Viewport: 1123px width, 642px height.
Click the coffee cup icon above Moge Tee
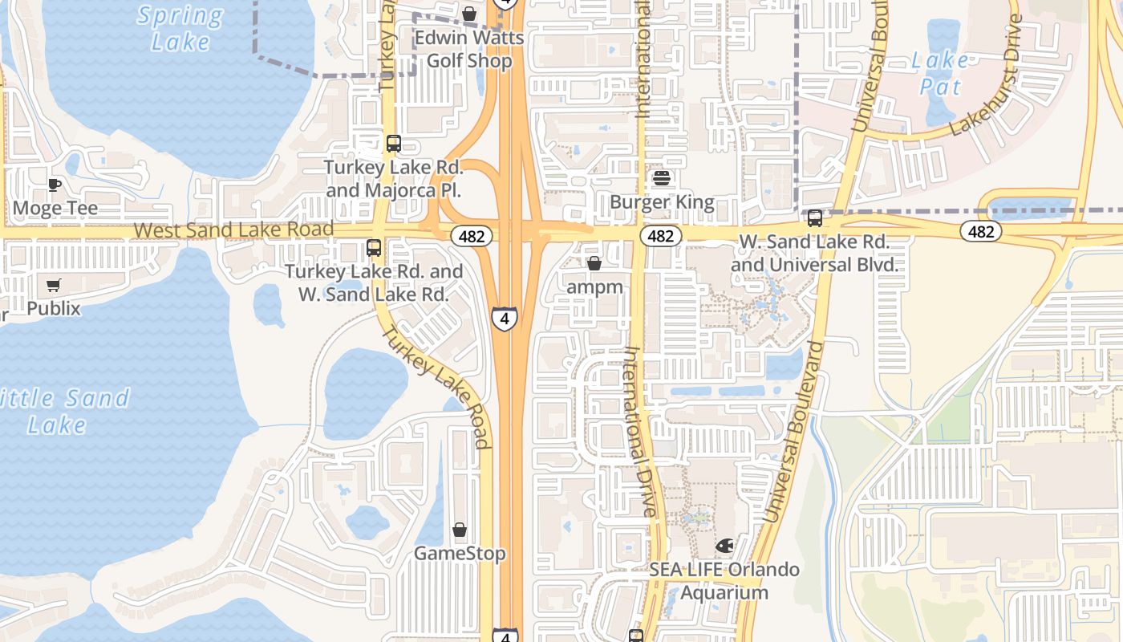54,185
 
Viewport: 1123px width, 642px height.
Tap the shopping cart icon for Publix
54,286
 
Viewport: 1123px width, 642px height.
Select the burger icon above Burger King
662,178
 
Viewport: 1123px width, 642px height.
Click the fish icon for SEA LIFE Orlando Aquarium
724,547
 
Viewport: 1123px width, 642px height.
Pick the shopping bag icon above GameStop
460,530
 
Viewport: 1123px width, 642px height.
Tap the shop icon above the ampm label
594,263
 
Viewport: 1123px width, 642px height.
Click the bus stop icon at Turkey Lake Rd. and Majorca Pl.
393,144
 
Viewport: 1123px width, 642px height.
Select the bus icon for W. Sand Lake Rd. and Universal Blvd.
815,218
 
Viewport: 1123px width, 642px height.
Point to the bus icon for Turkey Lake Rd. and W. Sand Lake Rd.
374,248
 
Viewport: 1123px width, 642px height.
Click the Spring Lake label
180,28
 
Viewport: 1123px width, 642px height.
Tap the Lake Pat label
940,72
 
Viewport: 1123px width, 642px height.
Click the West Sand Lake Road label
233,230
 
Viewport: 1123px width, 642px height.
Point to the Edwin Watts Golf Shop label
469,49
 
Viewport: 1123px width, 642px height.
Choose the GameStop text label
460,554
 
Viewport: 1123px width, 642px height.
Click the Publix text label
54,308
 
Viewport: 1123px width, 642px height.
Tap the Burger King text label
662,202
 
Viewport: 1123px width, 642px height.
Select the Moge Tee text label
55,209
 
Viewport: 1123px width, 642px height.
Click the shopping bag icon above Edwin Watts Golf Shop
469,14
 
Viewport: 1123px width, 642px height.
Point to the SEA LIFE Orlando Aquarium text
724,581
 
